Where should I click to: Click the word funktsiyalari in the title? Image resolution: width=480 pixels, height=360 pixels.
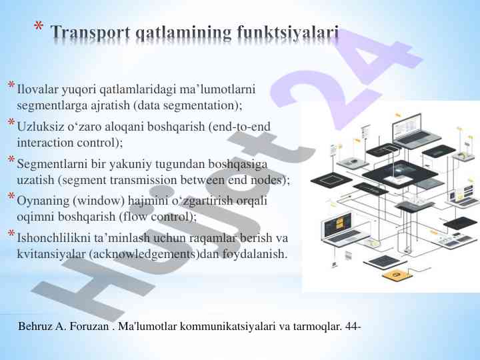(x=289, y=32)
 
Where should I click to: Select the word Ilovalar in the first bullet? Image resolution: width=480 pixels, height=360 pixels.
(x=37, y=89)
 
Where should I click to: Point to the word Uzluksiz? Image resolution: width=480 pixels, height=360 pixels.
(x=38, y=126)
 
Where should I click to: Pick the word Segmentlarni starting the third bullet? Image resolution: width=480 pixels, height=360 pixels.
(x=51, y=163)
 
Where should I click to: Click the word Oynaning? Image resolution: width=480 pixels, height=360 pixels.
(x=41, y=200)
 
